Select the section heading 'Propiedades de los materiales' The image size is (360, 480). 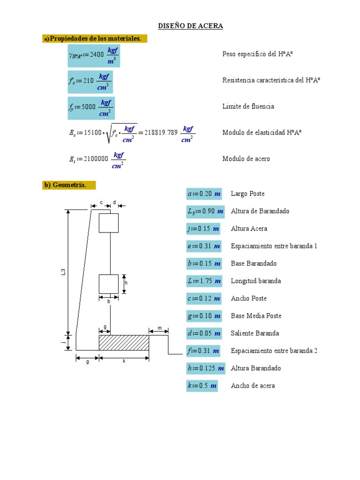pyautogui.click(x=95, y=38)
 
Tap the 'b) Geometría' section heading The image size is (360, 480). pyautogui.click(x=69, y=185)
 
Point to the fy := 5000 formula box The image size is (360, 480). pyautogui.click(x=91, y=107)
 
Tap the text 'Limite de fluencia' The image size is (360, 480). pyautogui.click(x=248, y=106)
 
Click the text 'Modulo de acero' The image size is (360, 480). pyautogui.click(x=246, y=159)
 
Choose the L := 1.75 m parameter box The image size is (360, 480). pyautogui.click(x=204, y=281)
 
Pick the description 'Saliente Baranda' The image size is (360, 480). pyautogui.click(x=255, y=333)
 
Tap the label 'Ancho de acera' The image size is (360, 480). pyautogui.click(x=253, y=386)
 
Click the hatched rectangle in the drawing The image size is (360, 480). pyautogui.click(x=124, y=342)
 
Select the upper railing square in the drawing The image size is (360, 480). pyautogui.click(x=108, y=223)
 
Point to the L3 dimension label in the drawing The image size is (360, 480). pyautogui.click(x=63, y=271)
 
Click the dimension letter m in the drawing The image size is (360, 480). pyautogui.click(x=159, y=329)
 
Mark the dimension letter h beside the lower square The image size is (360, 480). pyautogui.click(x=126, y=283)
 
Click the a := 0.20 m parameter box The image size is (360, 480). pyautogui.click(x=204, y=194)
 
